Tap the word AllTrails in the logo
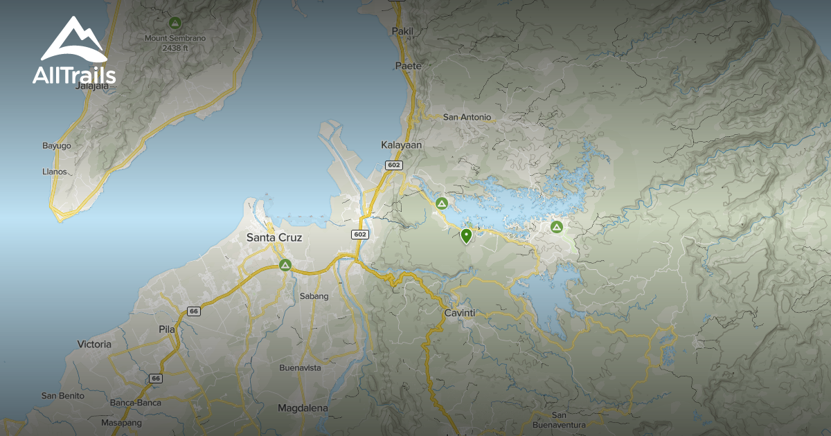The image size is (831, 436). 74,75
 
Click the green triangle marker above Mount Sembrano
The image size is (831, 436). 175,22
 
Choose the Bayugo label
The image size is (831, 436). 57,146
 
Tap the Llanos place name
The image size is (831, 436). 55,171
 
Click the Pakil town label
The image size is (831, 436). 402,31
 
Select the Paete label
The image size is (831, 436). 408,65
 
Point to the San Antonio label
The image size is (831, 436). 467,117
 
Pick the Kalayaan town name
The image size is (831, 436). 401,145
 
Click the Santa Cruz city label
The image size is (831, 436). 274,237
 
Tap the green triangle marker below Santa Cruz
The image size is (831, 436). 285,265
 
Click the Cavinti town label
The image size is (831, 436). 459,313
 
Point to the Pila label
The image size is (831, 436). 166,329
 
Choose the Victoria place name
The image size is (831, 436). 94,344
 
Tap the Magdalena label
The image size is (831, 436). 303,408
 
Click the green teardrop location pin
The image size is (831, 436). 466,236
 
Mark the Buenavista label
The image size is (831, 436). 300,367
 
